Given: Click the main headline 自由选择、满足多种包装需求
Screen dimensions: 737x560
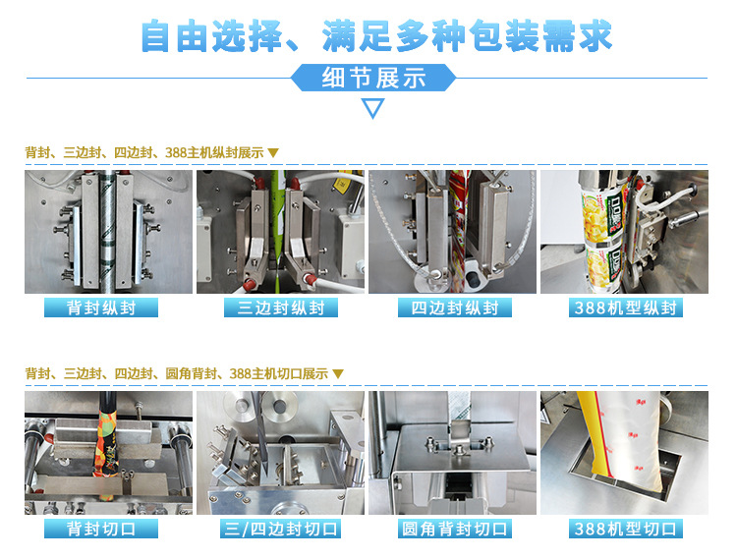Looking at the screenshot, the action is pyautogui.click(x=376, y=35).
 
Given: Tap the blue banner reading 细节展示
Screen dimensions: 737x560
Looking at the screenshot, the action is pyautogui.click(x=373, y=78).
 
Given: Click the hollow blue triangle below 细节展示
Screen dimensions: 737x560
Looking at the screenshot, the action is pyautogui.click(x=373, y=108).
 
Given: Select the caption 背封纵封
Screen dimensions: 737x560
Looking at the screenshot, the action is pyautogui.click(x=101, y=308).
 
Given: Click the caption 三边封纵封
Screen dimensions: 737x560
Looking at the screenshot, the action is pyautogui.click(x=281, y=308).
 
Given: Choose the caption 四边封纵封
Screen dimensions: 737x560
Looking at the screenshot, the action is pyautogui.click(x=455, y=308).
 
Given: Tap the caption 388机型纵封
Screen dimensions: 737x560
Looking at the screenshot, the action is pyautogui.click(x=626, y=308).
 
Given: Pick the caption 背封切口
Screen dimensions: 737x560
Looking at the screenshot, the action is pyautogui.click(x=101, y=529).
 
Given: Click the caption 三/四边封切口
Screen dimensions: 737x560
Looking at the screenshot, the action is pyautogui.click(x=281, y=529).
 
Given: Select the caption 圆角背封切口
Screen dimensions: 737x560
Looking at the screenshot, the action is pyautogui.click(x=455, y=529).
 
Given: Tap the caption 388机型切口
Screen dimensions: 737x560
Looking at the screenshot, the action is pyautogui.click(x=626, y=529).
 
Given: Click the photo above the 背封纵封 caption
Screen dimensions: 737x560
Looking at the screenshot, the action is pyautogui.click(x=108, y=232).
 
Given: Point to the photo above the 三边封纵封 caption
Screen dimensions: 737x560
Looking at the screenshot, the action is pyautogui.click(x=280, y=232).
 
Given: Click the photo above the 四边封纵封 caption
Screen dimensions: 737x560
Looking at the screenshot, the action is pyautogui.click(x=452, y=232).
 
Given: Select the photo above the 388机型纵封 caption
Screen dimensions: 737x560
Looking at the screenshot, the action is pyautogui.click(x=624, y=232).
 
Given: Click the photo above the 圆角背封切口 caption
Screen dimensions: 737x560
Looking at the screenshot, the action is pyautogui.click(x=452, y=453).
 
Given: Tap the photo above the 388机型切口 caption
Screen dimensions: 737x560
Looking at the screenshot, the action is pyautogui.click(x=624, y=453).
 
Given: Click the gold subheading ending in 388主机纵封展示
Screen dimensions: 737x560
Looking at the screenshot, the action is pyautogui.click(x=151, y=152).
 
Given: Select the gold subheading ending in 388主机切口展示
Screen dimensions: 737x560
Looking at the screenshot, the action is pyautogui.click(x=185, y=374).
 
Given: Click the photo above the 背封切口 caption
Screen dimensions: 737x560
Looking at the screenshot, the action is pyautogui.click(x=108, y=453).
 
